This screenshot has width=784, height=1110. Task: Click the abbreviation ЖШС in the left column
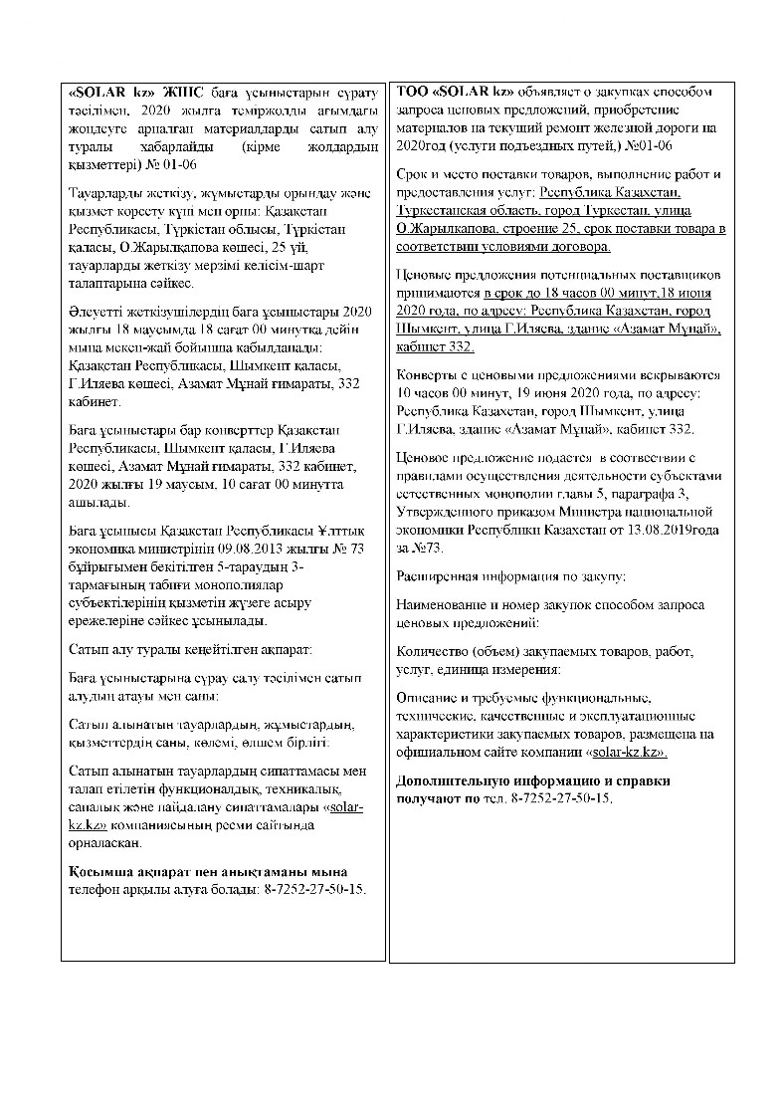click(167, 92)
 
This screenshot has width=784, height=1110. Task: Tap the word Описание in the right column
click(428, 698)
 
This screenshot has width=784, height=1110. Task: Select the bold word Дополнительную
click(457, 780)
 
